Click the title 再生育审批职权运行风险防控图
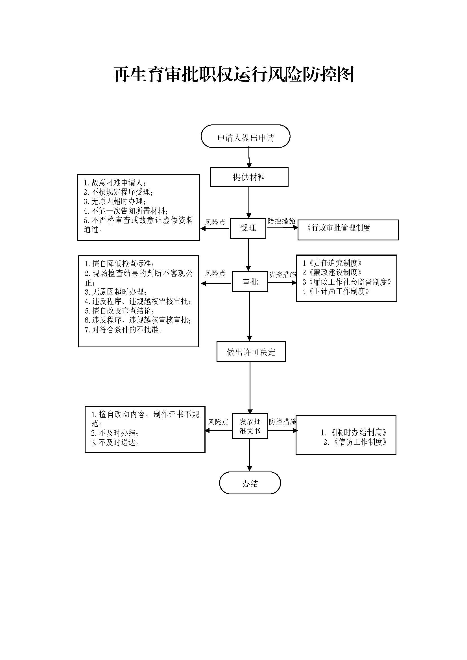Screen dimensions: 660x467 233,75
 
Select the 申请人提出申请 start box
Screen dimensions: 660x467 245,136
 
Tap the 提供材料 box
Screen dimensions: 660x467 249,177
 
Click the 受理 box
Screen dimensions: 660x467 248,228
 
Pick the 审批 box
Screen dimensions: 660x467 250,282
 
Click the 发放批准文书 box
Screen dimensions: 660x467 250,426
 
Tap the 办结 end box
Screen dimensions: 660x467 250,484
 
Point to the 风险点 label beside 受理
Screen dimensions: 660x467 215,222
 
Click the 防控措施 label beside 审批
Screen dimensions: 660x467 282,275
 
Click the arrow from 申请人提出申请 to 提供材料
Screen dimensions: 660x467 249,157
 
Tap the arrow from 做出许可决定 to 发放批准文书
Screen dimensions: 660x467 250,387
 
